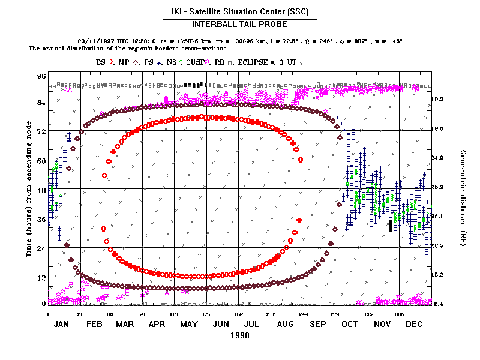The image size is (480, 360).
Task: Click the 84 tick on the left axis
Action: (41, 103)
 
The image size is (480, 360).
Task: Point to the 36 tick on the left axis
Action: (41, 219)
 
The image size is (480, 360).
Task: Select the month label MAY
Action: (190, 324)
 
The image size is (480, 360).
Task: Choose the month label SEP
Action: (317, 324)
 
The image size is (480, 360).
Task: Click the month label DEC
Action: (414, 324)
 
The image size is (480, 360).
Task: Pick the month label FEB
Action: (94, 324)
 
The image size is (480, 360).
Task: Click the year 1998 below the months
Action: (239, 336)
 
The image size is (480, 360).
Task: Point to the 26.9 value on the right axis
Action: (437, 187)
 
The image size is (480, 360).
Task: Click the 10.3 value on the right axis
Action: (437, 100)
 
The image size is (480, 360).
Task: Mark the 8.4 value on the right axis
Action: (437, 304)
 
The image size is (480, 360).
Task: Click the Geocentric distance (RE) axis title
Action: (463, 192)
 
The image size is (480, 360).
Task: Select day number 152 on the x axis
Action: (206, 313)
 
